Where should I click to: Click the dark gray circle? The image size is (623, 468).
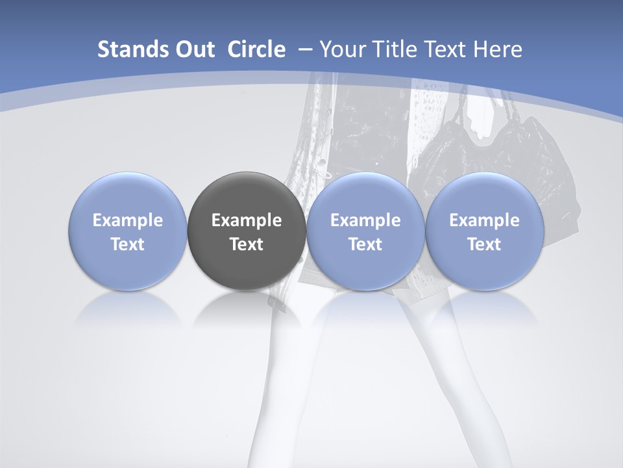click(x=247, y=231)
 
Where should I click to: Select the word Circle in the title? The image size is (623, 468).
click(x=256, y=49)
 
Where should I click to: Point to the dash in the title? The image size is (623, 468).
click(x=305, y=49)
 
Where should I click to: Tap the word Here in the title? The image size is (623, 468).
click(x=498, y=49)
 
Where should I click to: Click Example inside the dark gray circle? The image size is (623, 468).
click(x=247, y=220)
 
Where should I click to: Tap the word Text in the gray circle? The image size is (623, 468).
click(x=247, y=244)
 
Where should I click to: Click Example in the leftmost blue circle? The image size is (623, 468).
click(x=128, y=220)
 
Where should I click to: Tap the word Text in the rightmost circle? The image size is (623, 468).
click(x=484, y=244)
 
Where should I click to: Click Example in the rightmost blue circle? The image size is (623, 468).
click(x=484, y=220)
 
